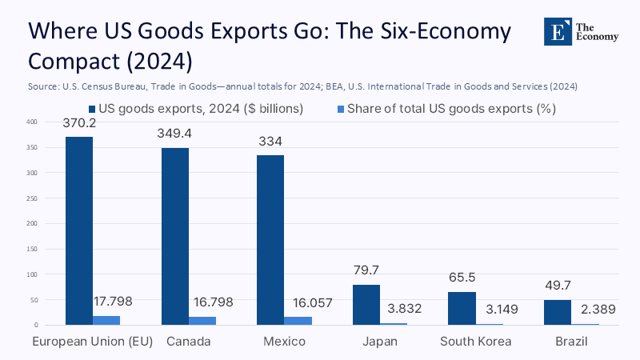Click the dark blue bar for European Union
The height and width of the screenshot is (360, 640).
[x=79, y=230]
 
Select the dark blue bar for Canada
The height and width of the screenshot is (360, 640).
[x=175, y=236]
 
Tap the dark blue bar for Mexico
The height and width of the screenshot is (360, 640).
[x=270, y=240]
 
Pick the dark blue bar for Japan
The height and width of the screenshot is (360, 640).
[x=366, y=305]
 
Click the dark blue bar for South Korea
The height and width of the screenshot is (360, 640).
[x=461, y=309]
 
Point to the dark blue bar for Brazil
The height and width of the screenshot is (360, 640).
[x=557, y=313]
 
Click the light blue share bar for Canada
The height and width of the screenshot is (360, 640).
[x=202, y=321]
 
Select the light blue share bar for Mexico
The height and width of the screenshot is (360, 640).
[x=298, y=321]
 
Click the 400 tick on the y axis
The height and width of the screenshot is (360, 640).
[x=30, y=122]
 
